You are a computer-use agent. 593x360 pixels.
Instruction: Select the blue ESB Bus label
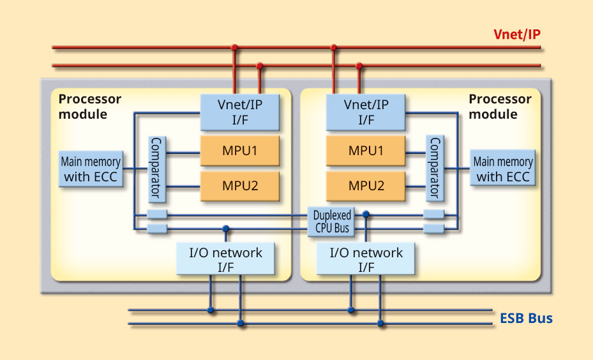click(x=526, y=318)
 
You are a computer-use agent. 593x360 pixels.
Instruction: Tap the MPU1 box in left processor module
click(x=240, y=151)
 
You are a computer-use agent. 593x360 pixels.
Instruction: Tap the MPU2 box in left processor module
click(x=240, y=186)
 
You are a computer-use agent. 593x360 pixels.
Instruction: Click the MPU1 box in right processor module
click(x=366, y=151)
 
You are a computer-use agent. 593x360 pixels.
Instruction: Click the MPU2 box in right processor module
click(x=366, y=186)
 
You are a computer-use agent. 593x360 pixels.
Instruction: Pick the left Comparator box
click(x=157, y=168)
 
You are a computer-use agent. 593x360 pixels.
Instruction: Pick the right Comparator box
click(x=435, y=168)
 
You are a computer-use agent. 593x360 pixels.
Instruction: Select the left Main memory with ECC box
click(x=90, y=169)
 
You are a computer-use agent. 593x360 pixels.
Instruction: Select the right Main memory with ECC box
click(x=502, y=169)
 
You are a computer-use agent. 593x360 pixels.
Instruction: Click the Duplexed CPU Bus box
click(x=331, y=221)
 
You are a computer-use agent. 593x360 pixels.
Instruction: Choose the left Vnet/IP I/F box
click(x=240, y=112)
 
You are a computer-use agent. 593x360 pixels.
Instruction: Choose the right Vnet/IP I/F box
click(x=366, y=112)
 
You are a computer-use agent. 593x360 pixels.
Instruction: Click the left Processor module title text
click(x=89, y=107)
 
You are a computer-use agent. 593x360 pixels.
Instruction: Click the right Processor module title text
click(x=500, y=107)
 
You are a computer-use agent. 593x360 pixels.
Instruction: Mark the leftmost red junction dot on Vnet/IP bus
click(x=234, y=47)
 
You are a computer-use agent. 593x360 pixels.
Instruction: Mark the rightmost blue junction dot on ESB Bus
click(x=381, y=324)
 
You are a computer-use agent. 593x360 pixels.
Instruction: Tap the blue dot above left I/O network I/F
click(x=225, y=228)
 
